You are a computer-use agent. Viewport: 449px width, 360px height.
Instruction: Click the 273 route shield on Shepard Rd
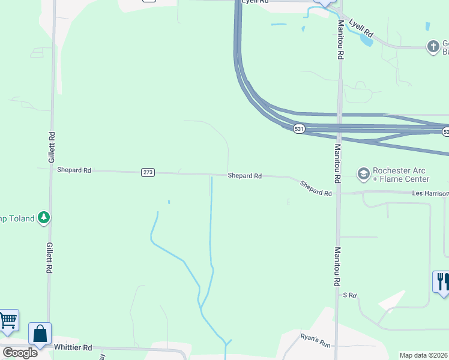148,172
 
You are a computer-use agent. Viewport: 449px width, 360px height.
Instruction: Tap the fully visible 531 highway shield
298,129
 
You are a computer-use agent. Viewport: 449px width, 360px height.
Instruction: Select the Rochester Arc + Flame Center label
400,175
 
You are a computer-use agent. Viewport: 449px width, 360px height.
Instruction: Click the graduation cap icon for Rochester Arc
363,174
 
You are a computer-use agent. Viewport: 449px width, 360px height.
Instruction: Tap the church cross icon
433,46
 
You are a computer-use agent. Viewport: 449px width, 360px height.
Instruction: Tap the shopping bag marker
40,334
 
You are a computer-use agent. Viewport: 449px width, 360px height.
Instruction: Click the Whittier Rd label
73,347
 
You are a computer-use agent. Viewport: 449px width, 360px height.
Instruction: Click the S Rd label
350,295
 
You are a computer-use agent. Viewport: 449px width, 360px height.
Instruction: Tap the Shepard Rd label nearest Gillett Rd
74,170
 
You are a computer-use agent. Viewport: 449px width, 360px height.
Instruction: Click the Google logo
20,353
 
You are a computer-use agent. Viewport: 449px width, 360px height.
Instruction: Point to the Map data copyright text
424,355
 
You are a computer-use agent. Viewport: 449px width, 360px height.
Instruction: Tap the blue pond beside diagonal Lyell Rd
364,39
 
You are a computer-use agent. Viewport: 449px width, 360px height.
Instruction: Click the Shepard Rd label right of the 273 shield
244,176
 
